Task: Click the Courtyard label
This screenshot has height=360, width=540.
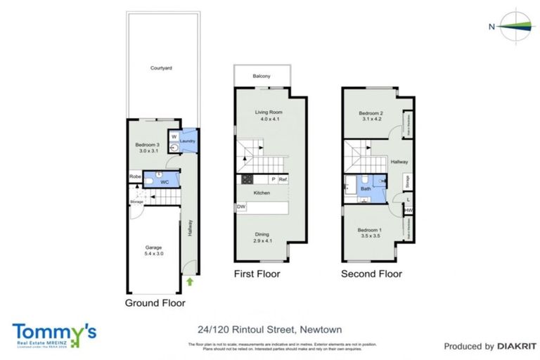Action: tap(161, 68)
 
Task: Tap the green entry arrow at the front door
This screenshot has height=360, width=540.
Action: tap(190, 283)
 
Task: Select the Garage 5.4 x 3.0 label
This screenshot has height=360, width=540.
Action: tap(153, 251)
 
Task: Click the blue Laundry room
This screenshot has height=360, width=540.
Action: tap(187, 141)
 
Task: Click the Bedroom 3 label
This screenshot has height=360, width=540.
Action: tap(148, 148)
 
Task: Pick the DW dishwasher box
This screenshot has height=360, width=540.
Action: tap(241, 207)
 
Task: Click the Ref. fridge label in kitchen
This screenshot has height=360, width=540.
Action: tap(283, 180)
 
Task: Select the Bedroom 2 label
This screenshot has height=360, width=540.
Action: tap(370, 115)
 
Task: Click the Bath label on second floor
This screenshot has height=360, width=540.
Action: tap(366, 188)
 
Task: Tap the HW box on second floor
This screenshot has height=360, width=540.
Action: tap(409, 210)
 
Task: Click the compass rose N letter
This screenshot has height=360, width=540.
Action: tap(491, 27)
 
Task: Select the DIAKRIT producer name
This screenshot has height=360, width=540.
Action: tap(517, 346)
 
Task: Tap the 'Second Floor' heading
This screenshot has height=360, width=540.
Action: tap(371, 274)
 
